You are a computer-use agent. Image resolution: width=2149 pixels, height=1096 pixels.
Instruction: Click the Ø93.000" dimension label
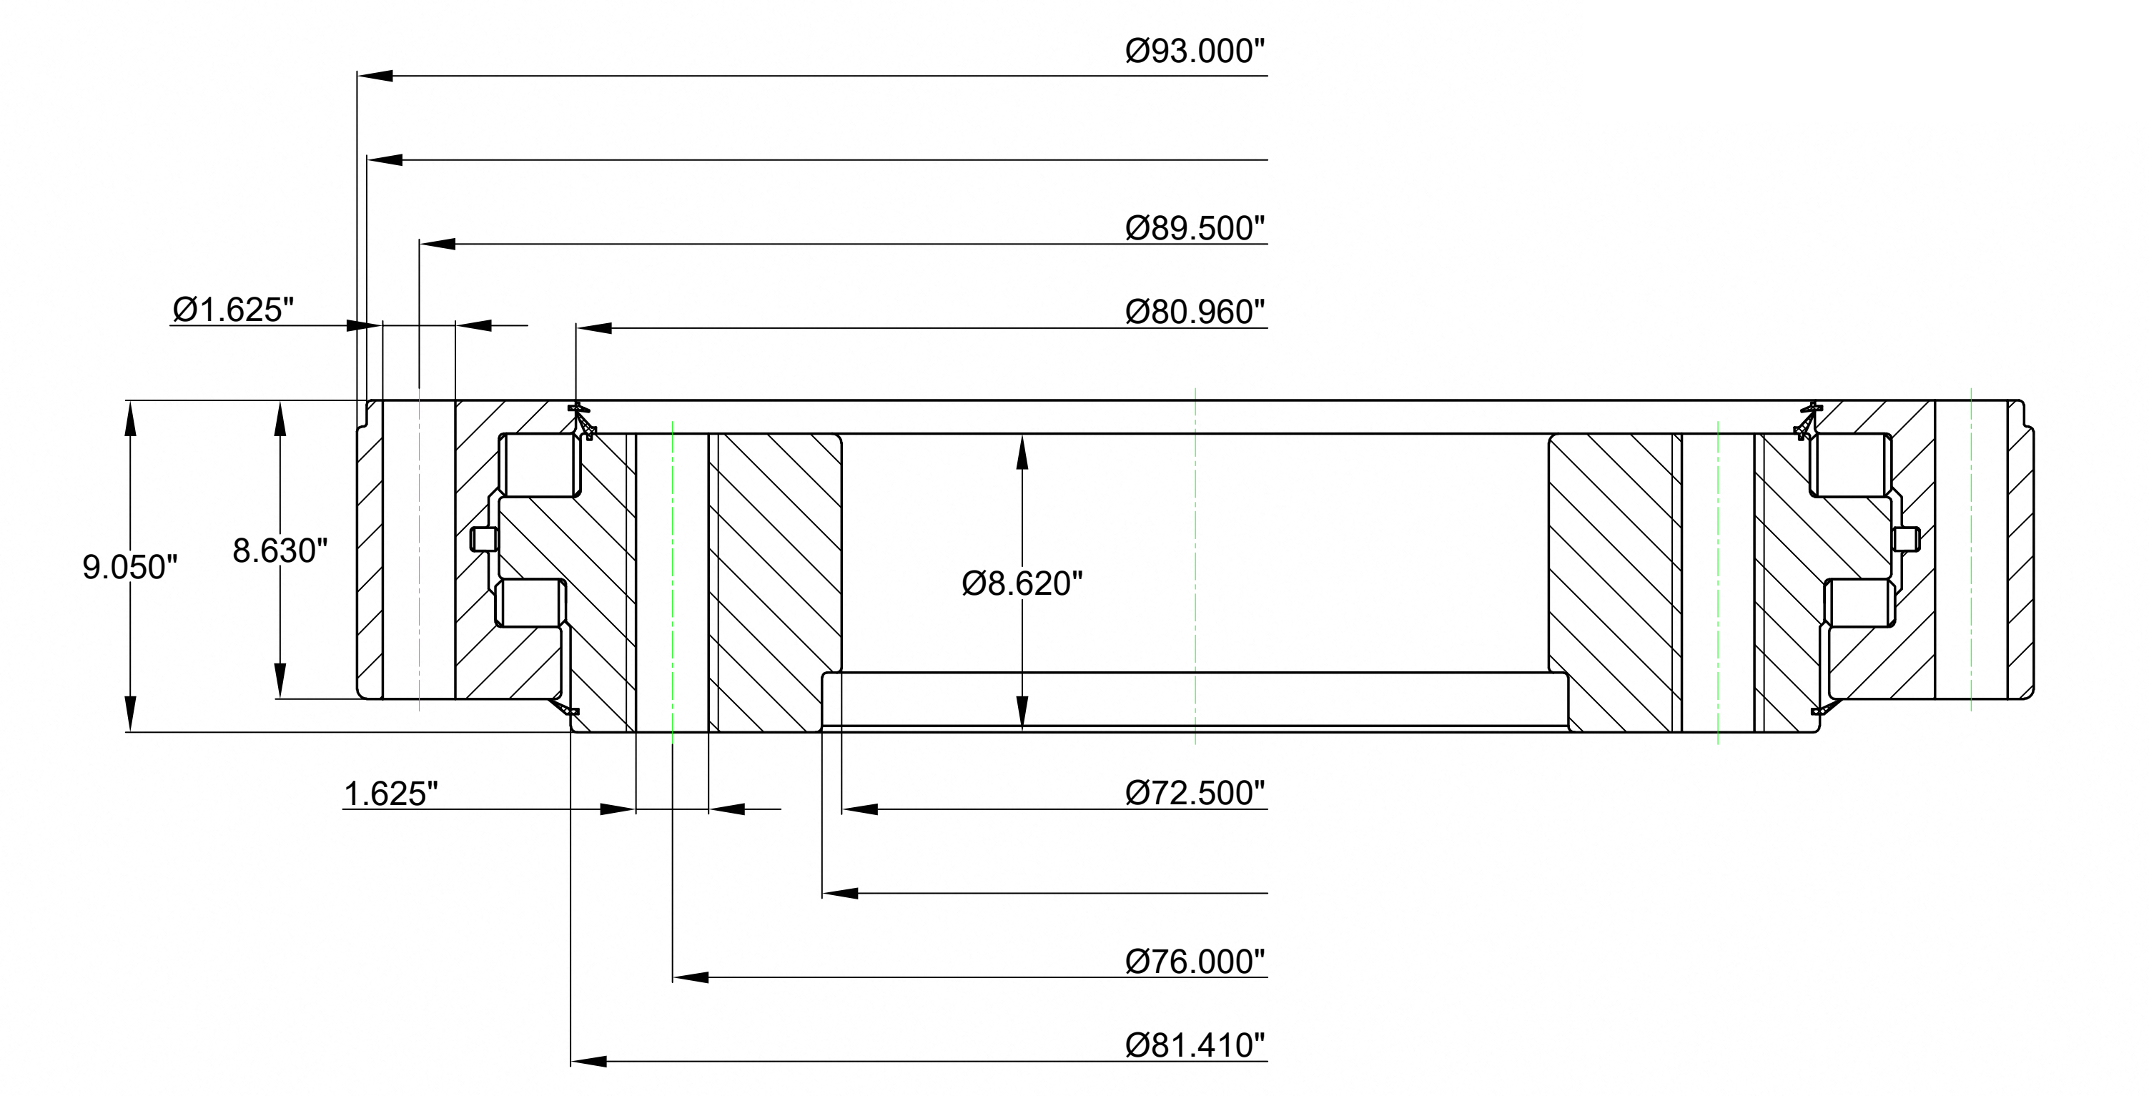tap(1195, 51)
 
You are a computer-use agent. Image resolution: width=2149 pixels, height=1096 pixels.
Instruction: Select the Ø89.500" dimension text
tap(1195, 227)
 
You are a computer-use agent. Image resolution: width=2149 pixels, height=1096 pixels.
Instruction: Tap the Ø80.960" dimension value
tap(1195, 312)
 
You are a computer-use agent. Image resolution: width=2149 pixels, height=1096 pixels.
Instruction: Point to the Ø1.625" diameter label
tap(234, 310)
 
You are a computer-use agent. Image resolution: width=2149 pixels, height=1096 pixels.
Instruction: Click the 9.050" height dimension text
tap(130, 567)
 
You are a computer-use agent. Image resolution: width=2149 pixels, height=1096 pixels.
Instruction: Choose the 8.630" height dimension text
tap(280, 551)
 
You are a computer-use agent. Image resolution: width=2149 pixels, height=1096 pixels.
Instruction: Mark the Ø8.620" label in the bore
tap(1022, 583)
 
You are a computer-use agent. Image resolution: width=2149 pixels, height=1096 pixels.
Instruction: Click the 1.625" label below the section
tap(391, 794)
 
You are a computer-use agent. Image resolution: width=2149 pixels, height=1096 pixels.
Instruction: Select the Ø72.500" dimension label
tap(1195, 792)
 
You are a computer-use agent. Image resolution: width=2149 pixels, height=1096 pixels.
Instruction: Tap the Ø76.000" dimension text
tap(1195, 962)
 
